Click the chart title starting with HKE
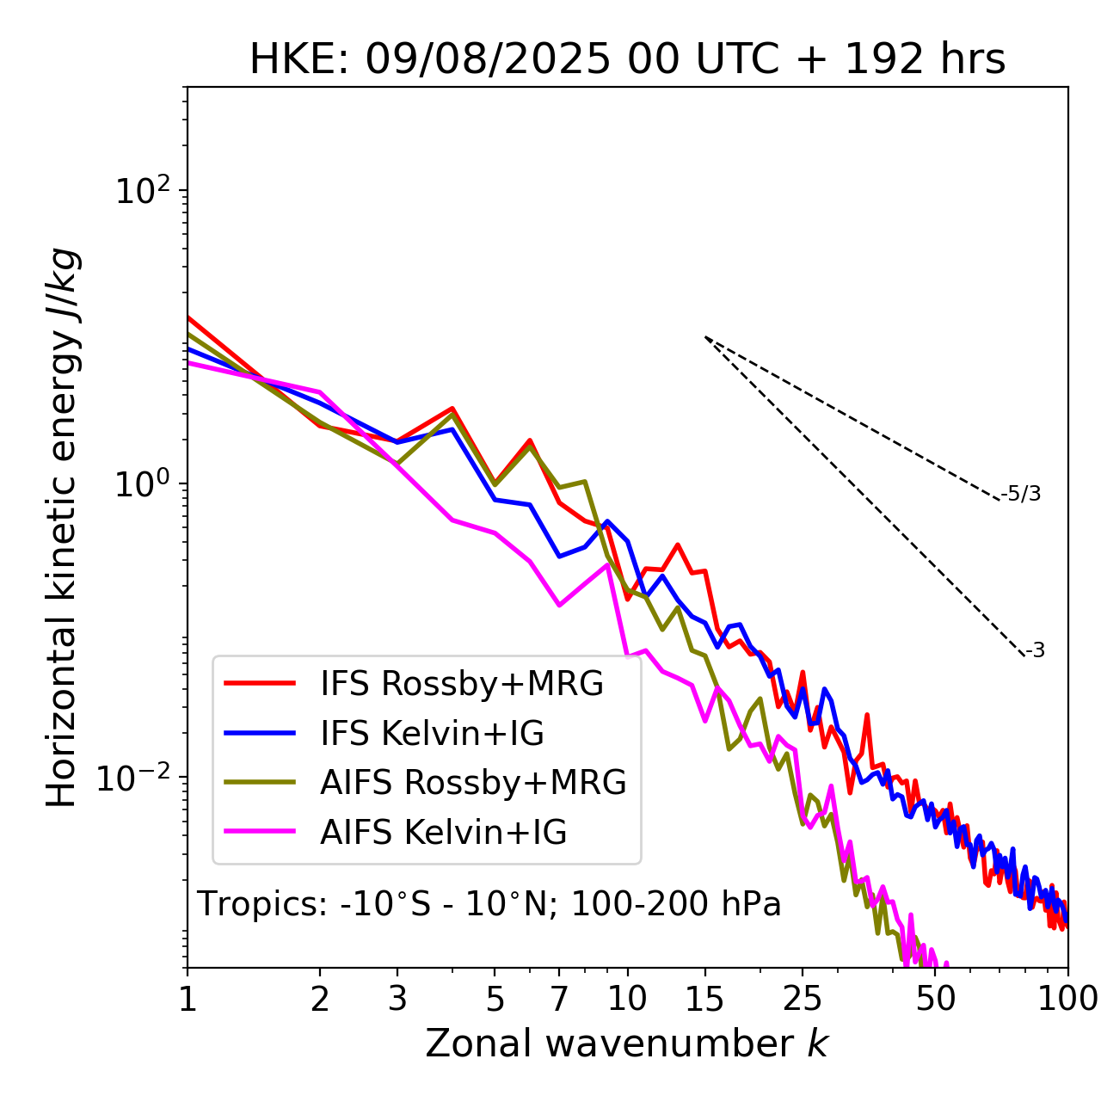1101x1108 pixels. [x=627, y=60]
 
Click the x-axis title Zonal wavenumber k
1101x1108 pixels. [x=626, y=1043]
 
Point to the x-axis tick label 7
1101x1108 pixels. [x=559, y=999]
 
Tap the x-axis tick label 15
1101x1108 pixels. [x=704, y=999]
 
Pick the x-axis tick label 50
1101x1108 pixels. [x=936, y=999]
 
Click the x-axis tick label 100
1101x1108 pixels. [x=1067, y=999]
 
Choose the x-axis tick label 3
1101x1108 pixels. [x=397, y=999]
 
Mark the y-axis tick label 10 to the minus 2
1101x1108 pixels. [x=138, y=777]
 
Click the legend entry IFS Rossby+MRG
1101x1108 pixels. [x=461, y=684]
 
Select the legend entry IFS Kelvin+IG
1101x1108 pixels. [x=432, y=733]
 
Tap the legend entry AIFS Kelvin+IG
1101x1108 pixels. [x=443, y=832]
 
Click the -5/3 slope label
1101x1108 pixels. [x=1021, y=494]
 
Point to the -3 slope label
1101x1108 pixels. [x=1035, y=651]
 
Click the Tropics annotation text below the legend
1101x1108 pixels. [x=489, y=905]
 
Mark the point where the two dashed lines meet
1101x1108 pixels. [x=705, y=337]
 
